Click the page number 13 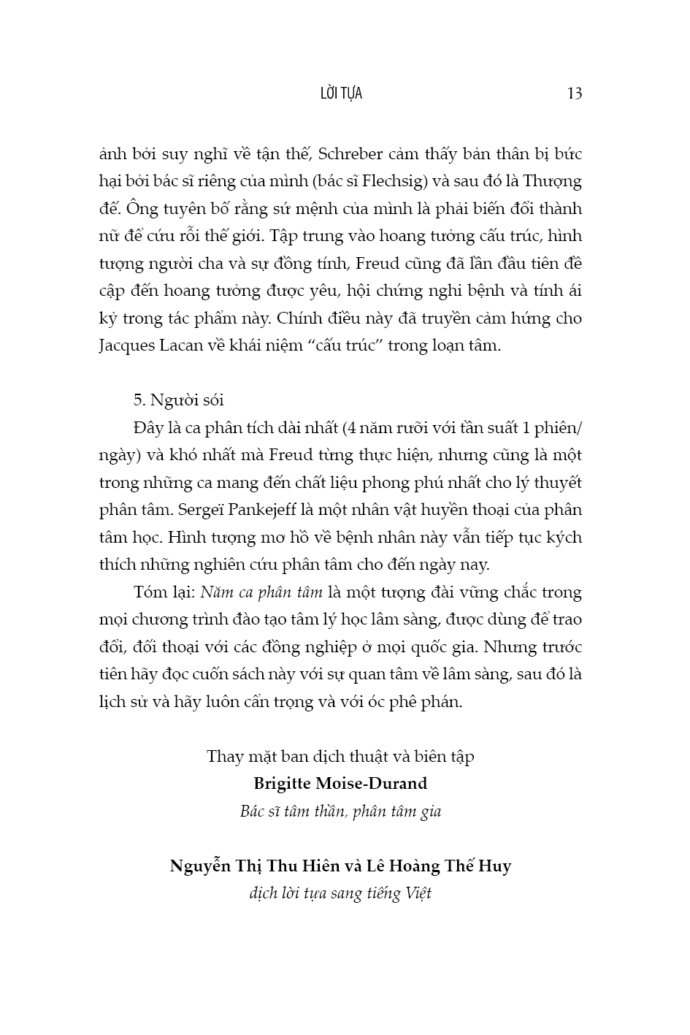tap(574, 93)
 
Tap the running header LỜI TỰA tap(341, 93)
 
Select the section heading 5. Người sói tap(180, 400)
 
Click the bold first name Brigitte tap(282, 784)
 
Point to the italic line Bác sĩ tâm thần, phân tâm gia tap(340, 811)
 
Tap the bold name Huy tap(497, 866)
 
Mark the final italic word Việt tap(418, 894)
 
